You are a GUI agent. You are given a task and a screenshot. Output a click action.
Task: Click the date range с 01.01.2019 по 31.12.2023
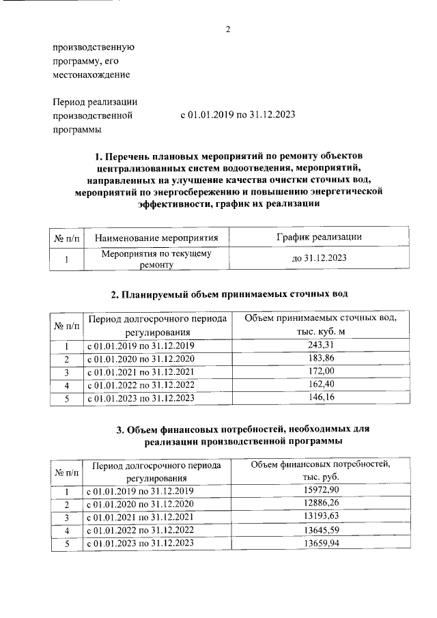point(237,115)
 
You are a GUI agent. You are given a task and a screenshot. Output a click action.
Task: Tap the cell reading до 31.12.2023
point(319,259)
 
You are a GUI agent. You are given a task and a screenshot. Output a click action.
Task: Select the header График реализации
point(319,237)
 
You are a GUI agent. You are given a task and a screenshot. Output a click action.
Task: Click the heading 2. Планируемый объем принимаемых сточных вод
point(229,295)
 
